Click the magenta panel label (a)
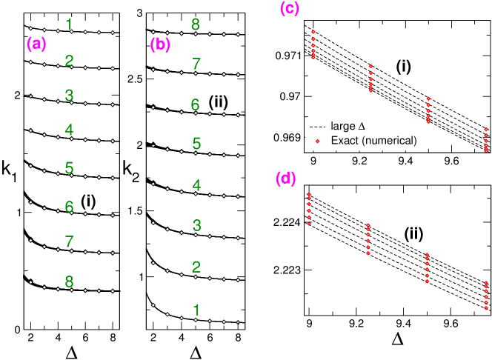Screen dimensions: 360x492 tap(36, 44)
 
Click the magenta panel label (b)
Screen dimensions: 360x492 tap(160, 44)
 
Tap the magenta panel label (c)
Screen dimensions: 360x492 tap(290, 9)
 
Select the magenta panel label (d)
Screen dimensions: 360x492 tap(286, 179)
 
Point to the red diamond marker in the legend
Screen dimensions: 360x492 tap(317, 140)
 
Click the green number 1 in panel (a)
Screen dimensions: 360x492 tap(69, 24)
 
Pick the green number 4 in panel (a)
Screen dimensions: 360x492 tap(69, 131)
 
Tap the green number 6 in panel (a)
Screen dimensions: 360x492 tap(69, 207)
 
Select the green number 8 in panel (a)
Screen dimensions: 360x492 tap(69, 282)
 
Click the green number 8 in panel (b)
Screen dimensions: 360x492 tap(196, 24)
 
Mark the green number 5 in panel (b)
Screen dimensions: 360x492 tap(196, 143)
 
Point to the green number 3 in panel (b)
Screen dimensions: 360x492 tap(196, 225)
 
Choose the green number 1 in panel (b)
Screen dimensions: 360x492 tap(196, 310)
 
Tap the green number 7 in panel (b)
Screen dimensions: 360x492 tap(196, 64)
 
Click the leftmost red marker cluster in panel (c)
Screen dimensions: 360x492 tap(313, 44)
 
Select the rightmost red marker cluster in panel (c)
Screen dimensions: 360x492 tap(486, 139)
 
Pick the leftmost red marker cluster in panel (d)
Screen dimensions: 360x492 tap(309, 208)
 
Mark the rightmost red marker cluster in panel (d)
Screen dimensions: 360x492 tap(486, 296)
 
